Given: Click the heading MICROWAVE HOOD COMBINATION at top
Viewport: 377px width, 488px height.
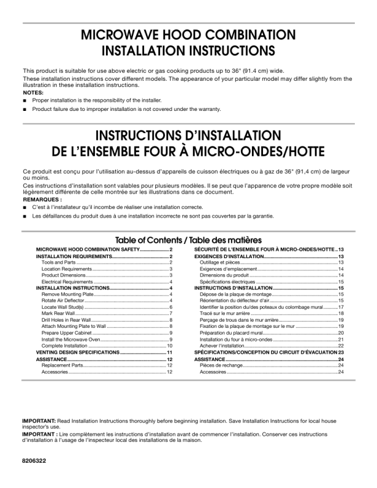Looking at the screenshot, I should point(188,35).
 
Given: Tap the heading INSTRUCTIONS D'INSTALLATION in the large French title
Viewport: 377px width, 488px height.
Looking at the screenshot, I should point(188,136).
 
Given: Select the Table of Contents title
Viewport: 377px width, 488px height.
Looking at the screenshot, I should point(188,240).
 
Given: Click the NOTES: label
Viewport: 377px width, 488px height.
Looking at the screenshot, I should point(33,92).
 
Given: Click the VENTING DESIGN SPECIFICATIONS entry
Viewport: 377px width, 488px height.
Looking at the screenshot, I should point(78,352).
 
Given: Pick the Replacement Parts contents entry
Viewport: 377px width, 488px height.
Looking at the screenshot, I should point(62,365).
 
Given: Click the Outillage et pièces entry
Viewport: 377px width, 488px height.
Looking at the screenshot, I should point(221,262).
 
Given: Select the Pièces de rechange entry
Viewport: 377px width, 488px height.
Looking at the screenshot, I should point(222,365).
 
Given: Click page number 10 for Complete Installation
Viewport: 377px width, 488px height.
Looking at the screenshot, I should point(169,346).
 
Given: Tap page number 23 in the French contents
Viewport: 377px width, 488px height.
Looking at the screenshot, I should point(340,352).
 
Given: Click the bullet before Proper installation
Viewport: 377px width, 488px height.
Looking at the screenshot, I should point(26,100).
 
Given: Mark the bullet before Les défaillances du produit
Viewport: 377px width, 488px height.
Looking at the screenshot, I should point(26,216).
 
